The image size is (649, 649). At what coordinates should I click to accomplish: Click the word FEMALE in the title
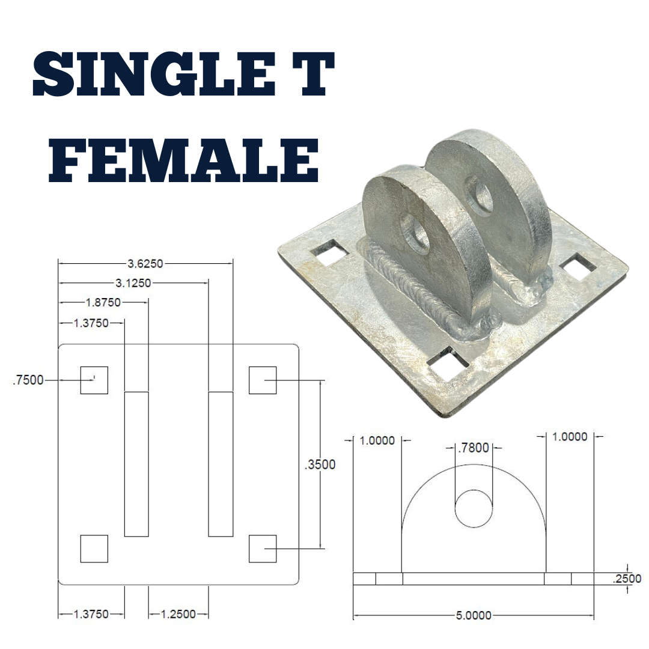(x=183, y=161)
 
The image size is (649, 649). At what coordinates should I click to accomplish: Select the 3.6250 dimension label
(x=145, y=263)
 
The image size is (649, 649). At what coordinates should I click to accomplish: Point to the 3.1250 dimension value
(x=133, y=282)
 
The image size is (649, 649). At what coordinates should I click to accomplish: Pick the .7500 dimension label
(x=28, y=380)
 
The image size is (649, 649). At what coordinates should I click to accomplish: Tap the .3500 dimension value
(x=320, y=464)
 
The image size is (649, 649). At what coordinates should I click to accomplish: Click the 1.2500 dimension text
(x=178, y=614)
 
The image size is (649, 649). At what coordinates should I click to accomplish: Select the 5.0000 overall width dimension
(x=474, y=615)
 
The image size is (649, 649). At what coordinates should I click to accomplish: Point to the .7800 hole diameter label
(x=473, y=448)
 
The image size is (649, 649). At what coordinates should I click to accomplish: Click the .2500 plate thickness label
(x=626, y=579)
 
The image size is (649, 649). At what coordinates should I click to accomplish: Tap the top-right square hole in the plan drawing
(x=263, y=380)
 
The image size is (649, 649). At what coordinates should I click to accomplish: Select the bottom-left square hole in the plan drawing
(x=94, y=549)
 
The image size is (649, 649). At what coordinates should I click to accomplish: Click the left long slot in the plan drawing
(x=136, y=463)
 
